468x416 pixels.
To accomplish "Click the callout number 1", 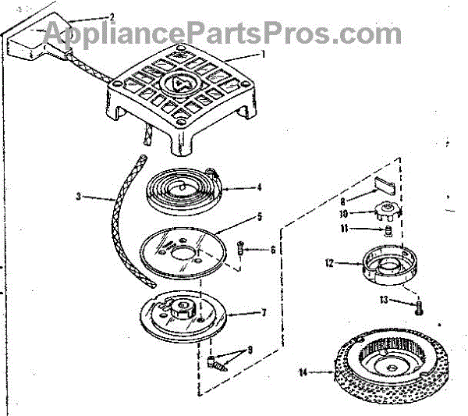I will pos(263,55).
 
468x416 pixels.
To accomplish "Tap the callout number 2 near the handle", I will pos(112,16).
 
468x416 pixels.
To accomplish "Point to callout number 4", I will pos(258,187).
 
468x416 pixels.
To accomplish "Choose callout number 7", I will pos(264,312).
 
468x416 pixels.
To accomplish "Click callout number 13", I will pos(385,300).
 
